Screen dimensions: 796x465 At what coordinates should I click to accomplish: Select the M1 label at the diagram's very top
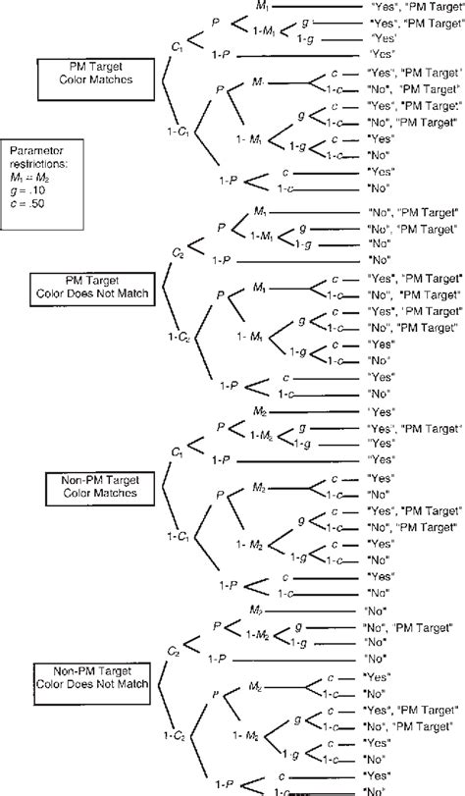pos(259,6)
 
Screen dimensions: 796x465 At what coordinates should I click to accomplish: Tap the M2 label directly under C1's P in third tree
pos(259,411)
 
